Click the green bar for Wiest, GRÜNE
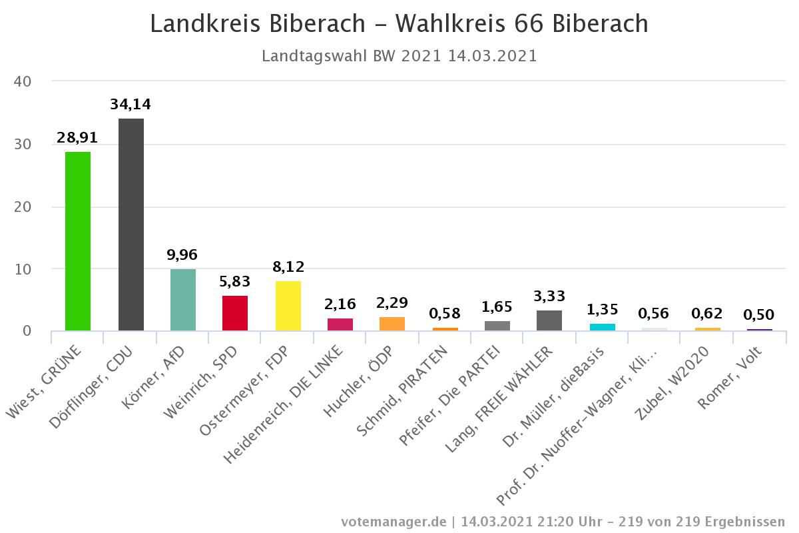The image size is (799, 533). [78, 241]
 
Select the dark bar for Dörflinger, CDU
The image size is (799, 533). [131, 225]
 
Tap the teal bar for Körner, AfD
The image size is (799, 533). [183, 300]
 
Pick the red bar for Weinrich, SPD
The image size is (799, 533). [235, 313]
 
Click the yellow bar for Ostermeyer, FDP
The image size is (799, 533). [288, 306]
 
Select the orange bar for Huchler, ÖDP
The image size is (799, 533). [392, 324]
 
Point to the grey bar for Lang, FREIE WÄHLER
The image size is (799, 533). [549, 320]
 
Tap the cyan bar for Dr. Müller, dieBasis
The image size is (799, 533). [602, 327]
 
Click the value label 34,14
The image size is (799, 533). [131, 104]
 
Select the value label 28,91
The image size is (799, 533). [77, 138]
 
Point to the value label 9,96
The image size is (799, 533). [183, 255]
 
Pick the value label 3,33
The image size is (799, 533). [549, 296]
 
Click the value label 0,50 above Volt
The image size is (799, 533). [759, 314]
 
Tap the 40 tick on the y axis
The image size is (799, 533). [23, 81]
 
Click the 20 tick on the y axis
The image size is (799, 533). [23, 207]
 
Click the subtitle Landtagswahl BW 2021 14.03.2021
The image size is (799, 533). [399, 56]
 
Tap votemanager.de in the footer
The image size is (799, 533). [394, 521]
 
